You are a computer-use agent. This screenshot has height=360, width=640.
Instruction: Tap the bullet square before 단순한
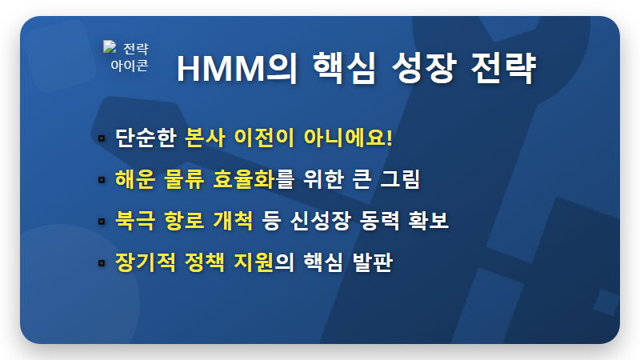(102, 138)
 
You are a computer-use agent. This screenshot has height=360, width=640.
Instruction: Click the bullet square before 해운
(102, 180)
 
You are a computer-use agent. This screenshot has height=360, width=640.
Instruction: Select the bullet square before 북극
(102, 221)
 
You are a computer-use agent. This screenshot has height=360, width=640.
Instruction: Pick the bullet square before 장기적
(102, 262)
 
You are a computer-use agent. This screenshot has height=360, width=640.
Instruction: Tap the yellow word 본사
(205, 137)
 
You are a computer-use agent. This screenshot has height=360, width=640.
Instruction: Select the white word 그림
(400, 179)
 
